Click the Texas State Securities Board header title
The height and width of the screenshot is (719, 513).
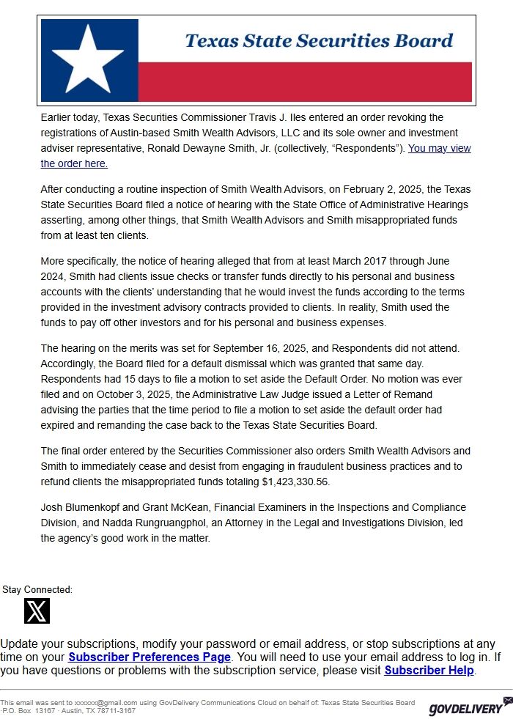(x=319, y=41)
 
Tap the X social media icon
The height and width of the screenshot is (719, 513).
(x=37, y=611)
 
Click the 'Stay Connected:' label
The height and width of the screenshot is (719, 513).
(x=37, y=589)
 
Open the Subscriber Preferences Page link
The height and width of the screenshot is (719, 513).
(x=150, y=657)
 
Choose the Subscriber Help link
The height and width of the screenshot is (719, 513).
(x=429, y=670)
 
